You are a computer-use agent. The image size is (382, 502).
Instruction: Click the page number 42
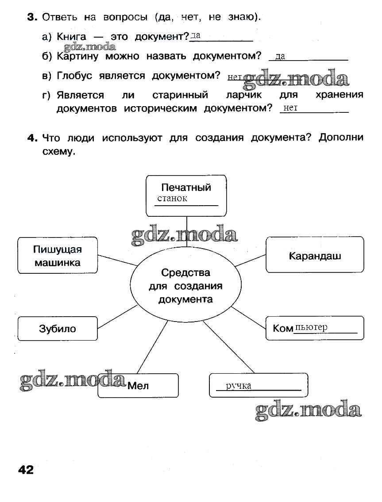point(26,470)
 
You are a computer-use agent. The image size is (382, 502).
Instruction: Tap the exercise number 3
point(31,17)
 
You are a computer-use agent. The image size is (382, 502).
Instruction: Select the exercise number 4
point(31,138)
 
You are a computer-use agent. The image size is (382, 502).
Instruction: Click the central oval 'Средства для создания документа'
point(185,286)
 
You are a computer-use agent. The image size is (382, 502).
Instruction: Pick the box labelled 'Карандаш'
point(315,256)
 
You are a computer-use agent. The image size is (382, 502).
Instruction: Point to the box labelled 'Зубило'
point(58,329)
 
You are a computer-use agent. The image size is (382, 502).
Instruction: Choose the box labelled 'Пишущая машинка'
point(58,256)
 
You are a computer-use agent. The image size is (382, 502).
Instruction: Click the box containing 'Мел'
point(138,386)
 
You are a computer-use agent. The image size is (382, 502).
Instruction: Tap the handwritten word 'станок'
point(172,199)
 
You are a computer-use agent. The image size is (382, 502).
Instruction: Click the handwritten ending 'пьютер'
point(312,327)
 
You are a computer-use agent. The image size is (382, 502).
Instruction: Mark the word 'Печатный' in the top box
point(186,187)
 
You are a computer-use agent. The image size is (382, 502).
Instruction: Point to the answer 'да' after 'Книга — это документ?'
point(196,35)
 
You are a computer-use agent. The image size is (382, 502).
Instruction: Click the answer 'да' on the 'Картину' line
point(280,56)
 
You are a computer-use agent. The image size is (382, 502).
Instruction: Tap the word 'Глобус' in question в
point(74,76)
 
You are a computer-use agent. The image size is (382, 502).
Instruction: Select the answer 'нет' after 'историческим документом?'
point(290,107)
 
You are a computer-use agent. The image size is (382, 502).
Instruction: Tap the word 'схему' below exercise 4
point(56,152)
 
